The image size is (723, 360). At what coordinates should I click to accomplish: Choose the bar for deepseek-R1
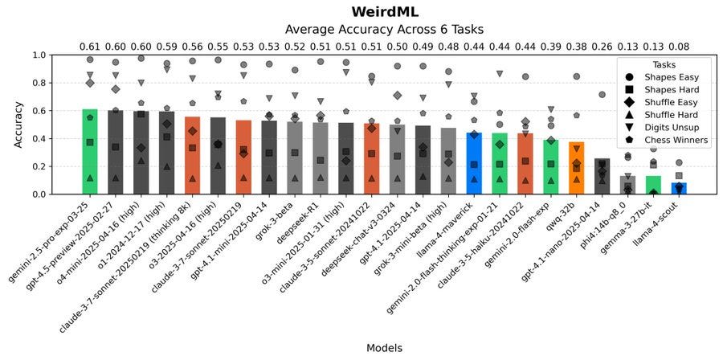click(321, 157)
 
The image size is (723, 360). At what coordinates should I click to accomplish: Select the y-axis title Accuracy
click(18, 125)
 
